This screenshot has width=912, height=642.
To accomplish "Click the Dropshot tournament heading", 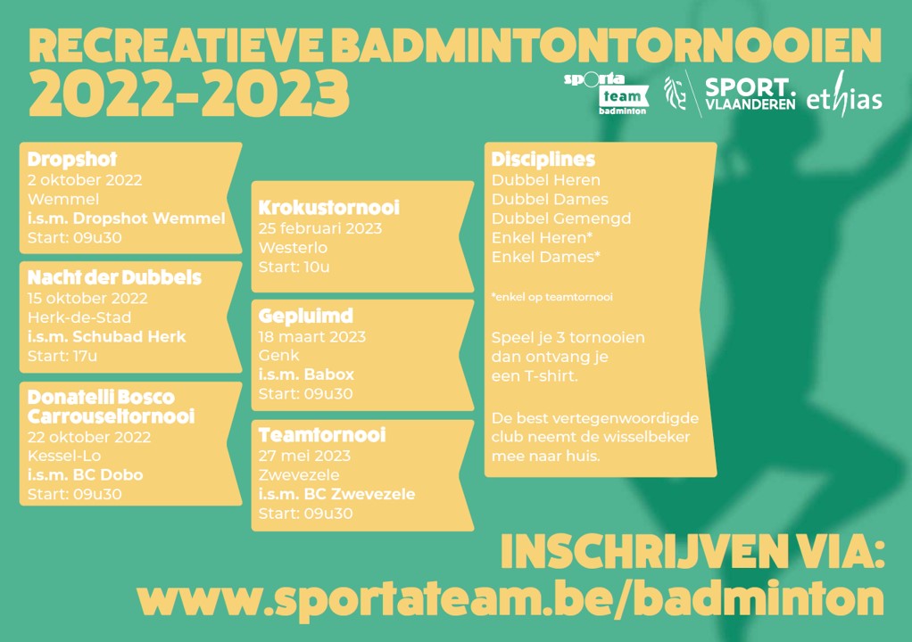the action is pos(72,160).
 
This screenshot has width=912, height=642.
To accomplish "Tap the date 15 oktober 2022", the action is pos(87,299).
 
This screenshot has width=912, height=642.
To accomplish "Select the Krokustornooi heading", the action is pos(328,208).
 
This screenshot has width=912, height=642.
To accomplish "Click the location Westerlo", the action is pos(293,248).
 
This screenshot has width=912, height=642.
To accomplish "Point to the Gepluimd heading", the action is pos(305,316).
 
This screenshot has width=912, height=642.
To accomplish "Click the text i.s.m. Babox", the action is pos(306,374).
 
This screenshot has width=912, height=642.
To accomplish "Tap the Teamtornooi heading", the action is pos(321,435).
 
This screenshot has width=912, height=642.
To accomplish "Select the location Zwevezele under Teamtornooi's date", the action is pos(298,475).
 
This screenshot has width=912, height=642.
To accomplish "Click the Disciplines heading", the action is pos(543,160).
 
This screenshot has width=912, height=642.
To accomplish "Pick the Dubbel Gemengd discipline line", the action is pos(561,218).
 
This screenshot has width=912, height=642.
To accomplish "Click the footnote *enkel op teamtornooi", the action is pos(552,297).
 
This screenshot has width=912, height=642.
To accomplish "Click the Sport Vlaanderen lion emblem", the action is pos(676,93).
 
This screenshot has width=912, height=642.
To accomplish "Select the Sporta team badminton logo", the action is pos(606,94).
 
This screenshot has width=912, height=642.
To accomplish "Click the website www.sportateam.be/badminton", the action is pos(510,598).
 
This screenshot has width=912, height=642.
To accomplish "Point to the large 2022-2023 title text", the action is pos(189,94).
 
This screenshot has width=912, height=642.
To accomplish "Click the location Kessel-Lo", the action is pos(64,456).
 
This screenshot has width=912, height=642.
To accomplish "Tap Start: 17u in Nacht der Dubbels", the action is pos(62,356).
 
